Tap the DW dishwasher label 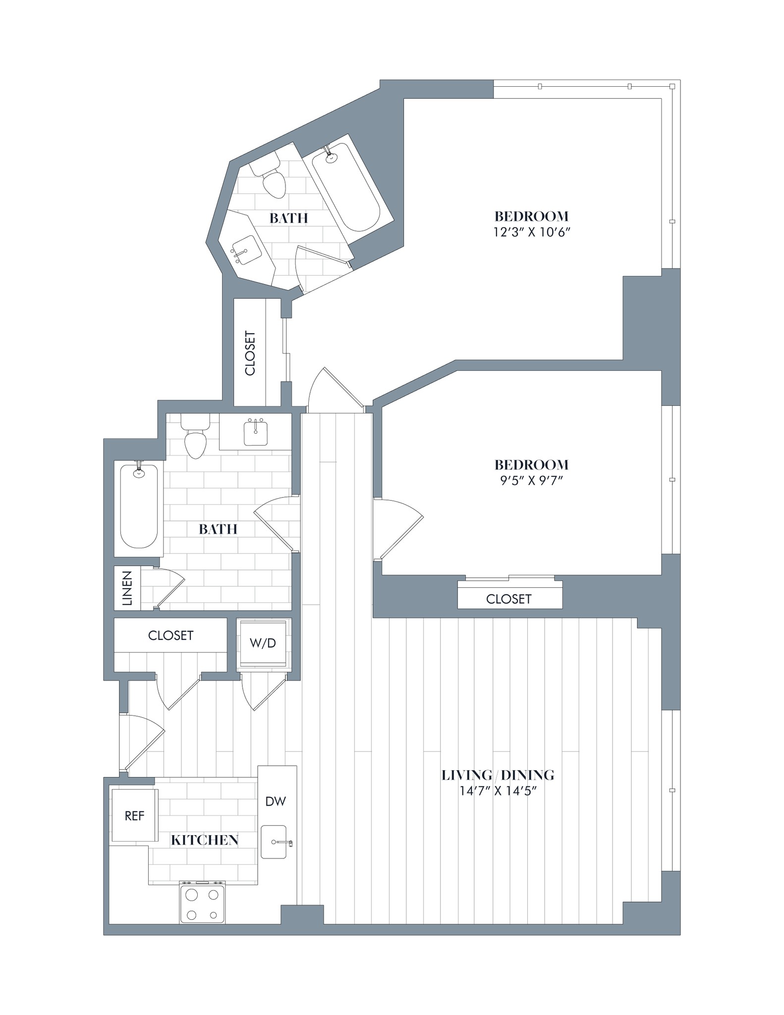[276, 801]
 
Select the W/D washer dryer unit [263, 643]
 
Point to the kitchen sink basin [274, 842]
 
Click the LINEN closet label [127, 588]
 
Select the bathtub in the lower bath [139, 507]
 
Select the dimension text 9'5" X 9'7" [531, 480]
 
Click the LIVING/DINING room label [498, 775]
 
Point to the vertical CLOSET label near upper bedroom [250, 353]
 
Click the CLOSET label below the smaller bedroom [508, 599]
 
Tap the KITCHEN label [205, 840]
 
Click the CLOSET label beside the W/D [170, 635]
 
